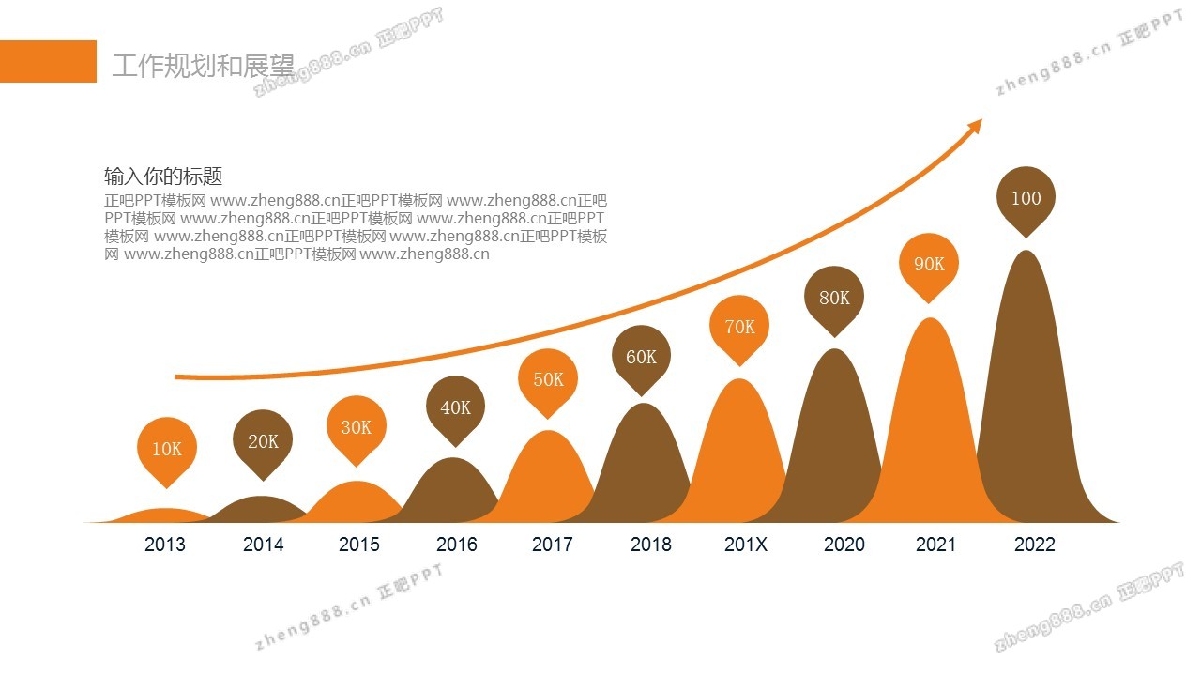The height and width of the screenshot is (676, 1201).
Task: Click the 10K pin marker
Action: coord(167,448)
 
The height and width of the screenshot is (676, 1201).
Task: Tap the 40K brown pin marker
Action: coord(455,407)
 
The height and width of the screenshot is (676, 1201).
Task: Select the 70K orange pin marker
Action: coord(739,327)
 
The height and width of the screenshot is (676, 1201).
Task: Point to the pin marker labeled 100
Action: coord(1026,198)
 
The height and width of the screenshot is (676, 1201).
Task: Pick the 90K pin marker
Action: coord(929,264)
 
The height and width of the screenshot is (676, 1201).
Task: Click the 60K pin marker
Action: coord(641,357)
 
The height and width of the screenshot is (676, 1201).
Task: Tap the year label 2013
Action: coord(165,545)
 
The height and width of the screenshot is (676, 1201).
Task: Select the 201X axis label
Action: coord(746,545)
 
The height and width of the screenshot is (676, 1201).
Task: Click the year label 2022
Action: coord(1034,545)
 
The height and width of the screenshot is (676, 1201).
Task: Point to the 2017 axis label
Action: coord(552,545)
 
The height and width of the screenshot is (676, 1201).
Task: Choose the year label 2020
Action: coord(844,545)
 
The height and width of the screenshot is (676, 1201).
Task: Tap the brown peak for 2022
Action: coord(1027,394)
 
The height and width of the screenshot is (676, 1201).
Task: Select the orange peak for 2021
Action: coord(929,422)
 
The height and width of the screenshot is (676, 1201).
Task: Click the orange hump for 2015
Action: coord(357,502)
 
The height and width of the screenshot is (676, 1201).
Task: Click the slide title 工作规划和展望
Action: coord(203,66)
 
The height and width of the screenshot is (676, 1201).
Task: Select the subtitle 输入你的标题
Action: coord(163,177)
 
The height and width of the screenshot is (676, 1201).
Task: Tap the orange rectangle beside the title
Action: coord(48,61)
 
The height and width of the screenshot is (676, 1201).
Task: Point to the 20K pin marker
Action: coord(263,441)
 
